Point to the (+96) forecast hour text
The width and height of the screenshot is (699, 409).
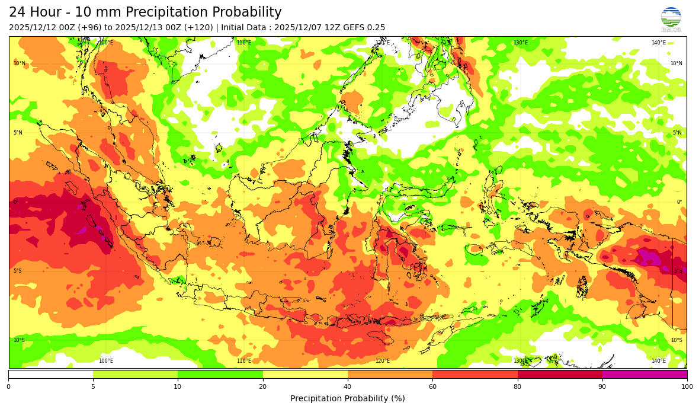click(89, 28)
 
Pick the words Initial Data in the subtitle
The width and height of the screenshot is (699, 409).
click(244, 28)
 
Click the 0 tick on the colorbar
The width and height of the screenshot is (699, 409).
click(8, 386)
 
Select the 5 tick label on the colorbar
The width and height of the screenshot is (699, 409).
click(93, 386)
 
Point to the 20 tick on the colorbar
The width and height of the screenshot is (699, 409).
click(263, 386)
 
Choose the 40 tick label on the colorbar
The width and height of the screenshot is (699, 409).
click(348, 386)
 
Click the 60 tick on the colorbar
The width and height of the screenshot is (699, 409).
click(432, 386)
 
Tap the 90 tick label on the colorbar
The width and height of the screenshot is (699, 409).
click(602, 386)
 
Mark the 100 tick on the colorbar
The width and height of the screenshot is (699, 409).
click(686, 386)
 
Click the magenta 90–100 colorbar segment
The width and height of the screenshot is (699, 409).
click(645, 374)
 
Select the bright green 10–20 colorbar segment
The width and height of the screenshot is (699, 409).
click(220, 374)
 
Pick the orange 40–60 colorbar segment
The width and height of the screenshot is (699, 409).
click(390, 374)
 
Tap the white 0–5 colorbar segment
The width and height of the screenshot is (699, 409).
click(51, 374)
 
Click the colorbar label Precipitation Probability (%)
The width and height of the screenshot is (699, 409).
click(348, 398)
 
